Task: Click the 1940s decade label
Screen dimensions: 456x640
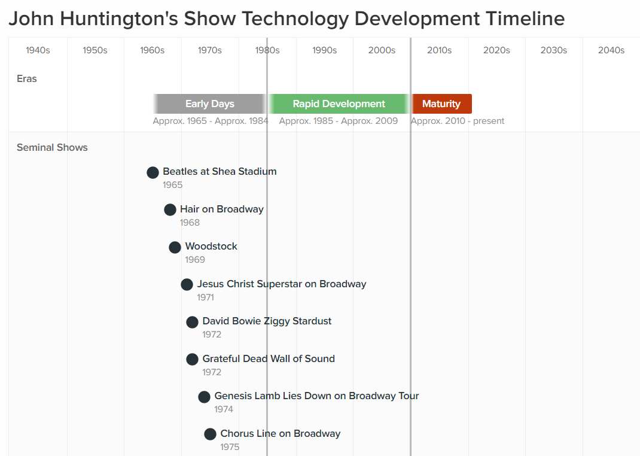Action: pos(38,50)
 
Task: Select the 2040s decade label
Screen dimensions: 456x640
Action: pos(611,50)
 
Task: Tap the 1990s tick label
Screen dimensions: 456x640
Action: pos(324,50)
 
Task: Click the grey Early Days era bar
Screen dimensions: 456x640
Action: pos(209,104)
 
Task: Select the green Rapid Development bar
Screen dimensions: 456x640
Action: pos(339,104)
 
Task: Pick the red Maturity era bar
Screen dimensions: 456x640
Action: pos(441,104)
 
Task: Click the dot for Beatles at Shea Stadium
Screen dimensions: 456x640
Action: pos(153,172)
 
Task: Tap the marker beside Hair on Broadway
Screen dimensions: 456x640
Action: pos(170,210)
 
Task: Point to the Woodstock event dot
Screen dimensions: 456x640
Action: pos(175,247)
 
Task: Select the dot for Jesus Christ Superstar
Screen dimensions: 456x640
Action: pos(187,285)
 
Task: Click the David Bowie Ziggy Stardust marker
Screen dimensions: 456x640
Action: pos(192,322)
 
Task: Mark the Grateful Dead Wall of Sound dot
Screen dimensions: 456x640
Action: pos(192,359)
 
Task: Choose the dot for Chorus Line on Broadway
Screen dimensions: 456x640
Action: pos(210,434)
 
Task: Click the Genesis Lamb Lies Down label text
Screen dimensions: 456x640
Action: pos(316,396)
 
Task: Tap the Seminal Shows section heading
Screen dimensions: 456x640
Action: pos(52,147)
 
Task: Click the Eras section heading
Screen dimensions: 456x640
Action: pos(27,78)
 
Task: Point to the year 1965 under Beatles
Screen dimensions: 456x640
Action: pos(172,185)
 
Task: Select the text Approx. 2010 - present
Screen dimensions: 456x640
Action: pos(458,121)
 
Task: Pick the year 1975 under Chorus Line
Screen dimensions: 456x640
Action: pos(230,447)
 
